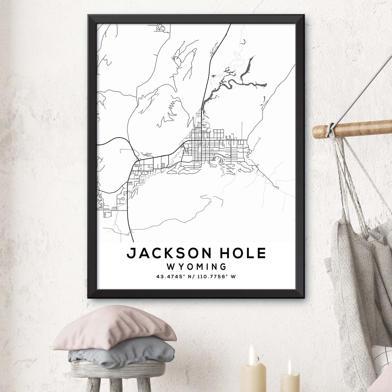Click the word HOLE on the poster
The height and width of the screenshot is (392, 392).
(243, 253)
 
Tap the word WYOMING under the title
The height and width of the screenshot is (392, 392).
(196, 267)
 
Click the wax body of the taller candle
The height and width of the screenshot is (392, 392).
(253, 377)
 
